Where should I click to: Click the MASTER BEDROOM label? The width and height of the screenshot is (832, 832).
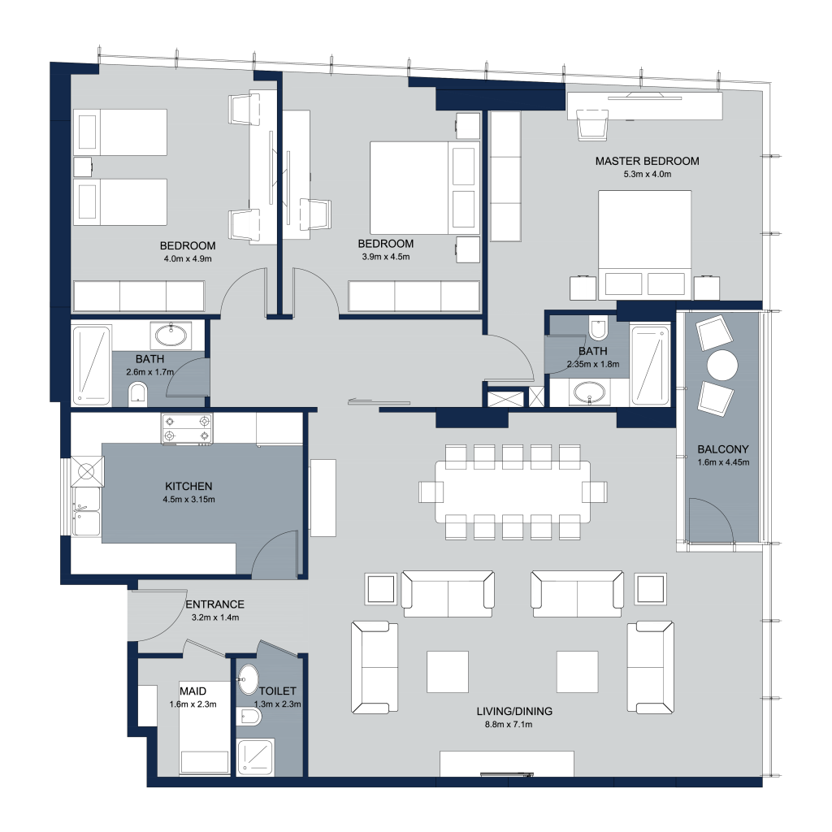click(647, 161)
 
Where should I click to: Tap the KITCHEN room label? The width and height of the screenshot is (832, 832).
click(188, 486)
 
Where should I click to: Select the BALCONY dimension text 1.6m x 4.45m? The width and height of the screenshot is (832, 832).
click(723, 462)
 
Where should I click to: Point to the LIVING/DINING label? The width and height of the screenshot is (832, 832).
click(514, 711)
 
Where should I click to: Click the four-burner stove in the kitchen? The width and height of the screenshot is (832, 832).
click(187, 429)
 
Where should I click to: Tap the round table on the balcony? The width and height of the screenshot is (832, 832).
click(721, 365)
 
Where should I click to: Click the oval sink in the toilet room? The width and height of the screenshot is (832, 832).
click(248, 680)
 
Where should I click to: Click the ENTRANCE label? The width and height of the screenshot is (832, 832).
click(214, 604)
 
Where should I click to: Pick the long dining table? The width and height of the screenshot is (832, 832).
click(513, 492)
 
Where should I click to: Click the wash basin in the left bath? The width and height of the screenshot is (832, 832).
click(171, 335)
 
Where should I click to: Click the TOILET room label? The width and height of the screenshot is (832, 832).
click(278, 691)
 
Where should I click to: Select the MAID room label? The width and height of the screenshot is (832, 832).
click(193, 691)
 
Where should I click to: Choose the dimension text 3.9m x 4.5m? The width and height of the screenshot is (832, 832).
click(386, 257)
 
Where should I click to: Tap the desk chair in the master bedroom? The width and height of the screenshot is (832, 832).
click(592, 125)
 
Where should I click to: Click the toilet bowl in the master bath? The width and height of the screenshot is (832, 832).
click(598, 328)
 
